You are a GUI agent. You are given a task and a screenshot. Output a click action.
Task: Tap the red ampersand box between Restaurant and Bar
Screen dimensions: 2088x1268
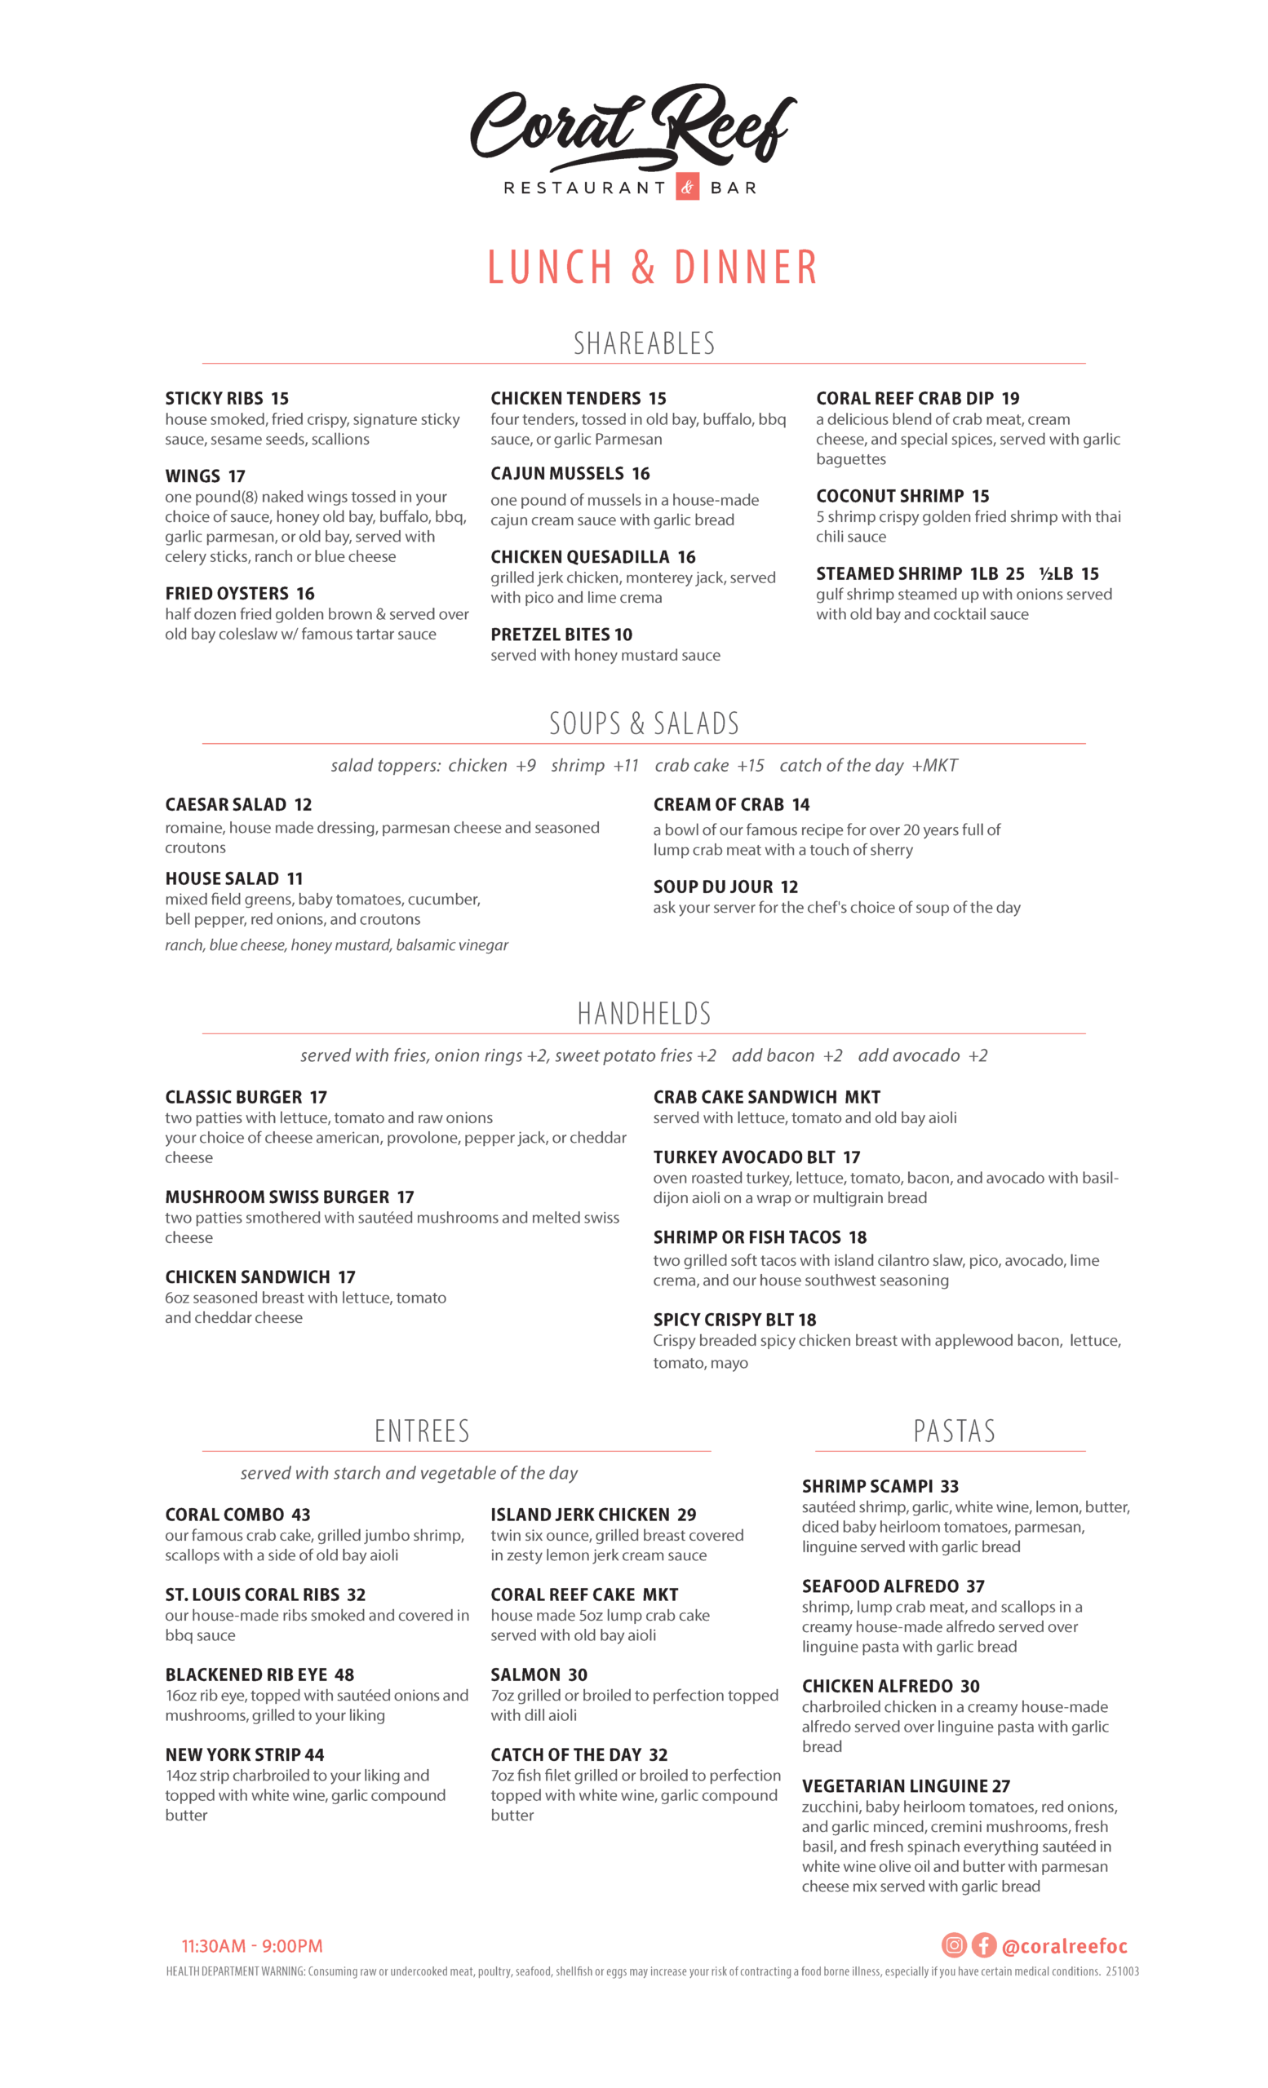click(686, 188)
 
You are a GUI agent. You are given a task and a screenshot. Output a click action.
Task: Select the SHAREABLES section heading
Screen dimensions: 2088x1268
click(643, 343)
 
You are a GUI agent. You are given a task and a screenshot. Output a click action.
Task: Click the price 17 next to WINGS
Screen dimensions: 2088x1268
click(237, 476)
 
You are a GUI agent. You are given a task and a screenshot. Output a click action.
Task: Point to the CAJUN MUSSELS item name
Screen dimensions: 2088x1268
click(556, 474)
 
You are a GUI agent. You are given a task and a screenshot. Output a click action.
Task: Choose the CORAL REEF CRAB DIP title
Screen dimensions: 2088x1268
click(904, 398)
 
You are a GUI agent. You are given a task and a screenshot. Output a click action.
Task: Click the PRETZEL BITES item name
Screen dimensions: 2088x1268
click(548, 635)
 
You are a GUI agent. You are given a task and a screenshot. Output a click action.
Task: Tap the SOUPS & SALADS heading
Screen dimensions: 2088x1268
click(643, 723)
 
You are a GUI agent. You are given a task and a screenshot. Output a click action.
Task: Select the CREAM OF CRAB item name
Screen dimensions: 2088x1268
click(718, 804)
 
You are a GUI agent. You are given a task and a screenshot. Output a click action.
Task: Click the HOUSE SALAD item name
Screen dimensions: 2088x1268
click(221, 878)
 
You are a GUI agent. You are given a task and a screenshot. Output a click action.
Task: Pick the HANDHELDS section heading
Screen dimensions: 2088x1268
click(643, 1014)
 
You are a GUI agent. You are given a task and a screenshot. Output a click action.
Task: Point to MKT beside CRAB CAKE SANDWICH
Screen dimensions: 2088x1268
click(862, 1097)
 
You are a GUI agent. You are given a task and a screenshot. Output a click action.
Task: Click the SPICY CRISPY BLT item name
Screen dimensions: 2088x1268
click(722, 1320)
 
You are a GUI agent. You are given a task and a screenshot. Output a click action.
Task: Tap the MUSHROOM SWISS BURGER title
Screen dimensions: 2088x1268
click(277, 1197)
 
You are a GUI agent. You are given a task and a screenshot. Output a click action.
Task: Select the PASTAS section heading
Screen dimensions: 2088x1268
click(954, 1431)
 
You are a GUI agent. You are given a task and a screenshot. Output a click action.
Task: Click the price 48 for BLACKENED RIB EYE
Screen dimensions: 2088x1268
click(344, 1674)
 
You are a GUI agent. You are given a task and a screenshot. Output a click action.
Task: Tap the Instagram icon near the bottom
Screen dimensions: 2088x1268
click(954, 1944)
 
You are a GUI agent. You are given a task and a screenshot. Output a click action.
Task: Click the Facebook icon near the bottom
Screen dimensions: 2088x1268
click(983, 1944)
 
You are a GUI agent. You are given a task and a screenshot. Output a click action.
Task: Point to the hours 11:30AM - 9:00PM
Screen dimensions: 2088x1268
click(252, 1945)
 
